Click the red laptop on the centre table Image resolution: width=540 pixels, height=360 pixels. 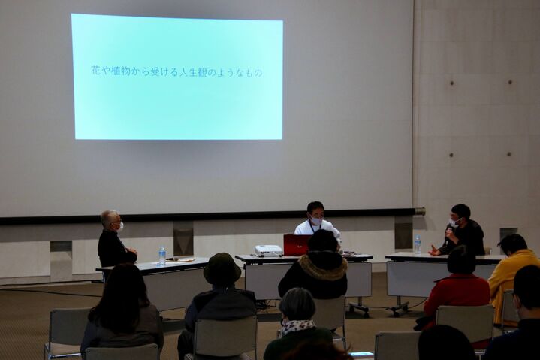click(296, 244)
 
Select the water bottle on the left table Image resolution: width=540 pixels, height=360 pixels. click(162, 256)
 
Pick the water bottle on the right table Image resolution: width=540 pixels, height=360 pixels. click(418, 244)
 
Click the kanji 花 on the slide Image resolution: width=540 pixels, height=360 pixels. click(95, 71)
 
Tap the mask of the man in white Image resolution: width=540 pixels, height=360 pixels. click(316, 219)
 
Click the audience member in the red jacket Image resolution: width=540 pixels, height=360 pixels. click(454, 286)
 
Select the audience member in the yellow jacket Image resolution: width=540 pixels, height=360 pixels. click(511, 273)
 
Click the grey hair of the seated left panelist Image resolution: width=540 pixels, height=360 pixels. click(110, 218)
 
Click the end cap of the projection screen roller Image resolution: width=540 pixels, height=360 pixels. click(421, 210)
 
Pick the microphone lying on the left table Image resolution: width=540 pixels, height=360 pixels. click(173, 259)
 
